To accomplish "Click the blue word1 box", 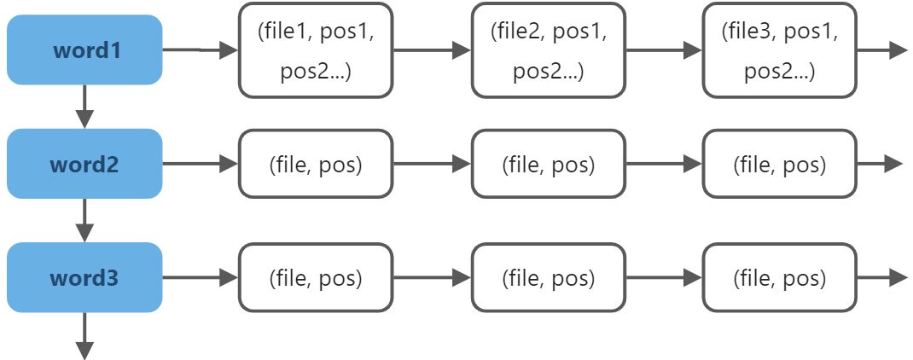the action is tap(84, 50).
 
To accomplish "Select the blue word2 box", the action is tap(84, 164).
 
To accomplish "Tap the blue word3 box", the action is tap(84, 277).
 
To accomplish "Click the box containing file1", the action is tap(316, 50).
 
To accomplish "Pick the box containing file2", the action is tap(549, 50).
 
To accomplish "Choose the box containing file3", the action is tap(780, 50).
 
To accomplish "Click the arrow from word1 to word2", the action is tap(85, 107).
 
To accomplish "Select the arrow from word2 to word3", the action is tap(85, 220).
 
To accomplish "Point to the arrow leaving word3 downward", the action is tap(85, 335).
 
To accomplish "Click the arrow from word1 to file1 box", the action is tap(201, 50).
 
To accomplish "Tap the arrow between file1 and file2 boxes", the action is tap(432, 50).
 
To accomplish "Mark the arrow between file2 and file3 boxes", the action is tap(664, 50).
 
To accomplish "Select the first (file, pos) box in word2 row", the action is tap(316, 164).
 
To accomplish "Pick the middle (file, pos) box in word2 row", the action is tap(549, 164).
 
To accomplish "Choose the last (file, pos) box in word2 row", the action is tap(780, 164).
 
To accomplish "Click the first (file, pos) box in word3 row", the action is tap(316, 277).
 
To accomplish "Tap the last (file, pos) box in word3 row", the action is tap(780, 277).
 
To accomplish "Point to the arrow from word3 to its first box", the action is tap(201, 277).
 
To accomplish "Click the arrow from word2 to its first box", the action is tap(201, 164).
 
